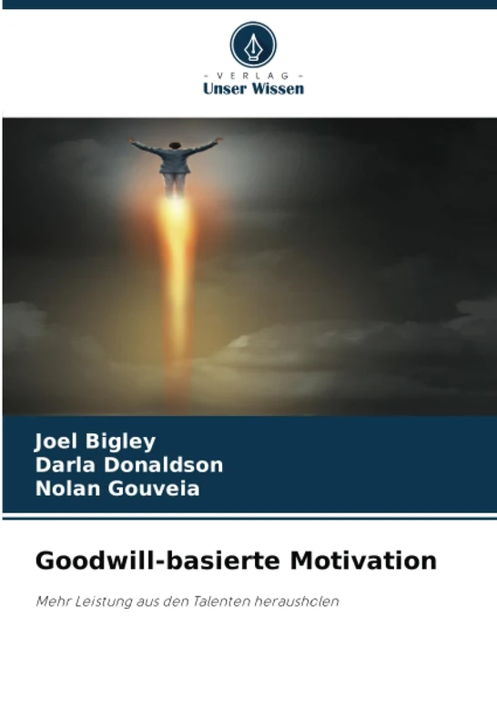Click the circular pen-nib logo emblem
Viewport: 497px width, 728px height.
(252, 44)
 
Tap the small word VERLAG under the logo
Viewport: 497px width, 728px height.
(253, 76)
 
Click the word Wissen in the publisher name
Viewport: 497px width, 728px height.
(278, 89)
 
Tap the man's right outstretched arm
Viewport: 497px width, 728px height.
(204, 145)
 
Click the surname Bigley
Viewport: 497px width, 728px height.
(121, 442)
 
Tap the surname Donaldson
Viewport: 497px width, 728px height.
(162, 466)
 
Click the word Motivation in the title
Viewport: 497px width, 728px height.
(363, 561)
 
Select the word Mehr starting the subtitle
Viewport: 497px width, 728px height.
(51, 602)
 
